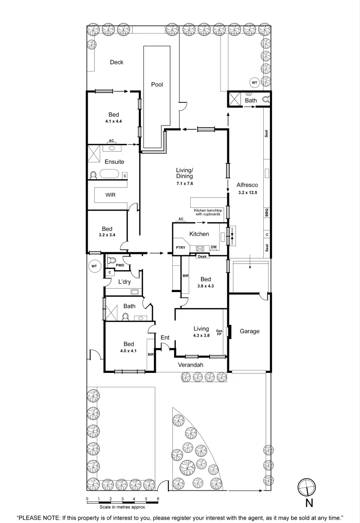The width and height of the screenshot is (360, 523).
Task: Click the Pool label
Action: tap(157, 84)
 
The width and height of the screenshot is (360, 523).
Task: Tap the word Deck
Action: tap(117, 62)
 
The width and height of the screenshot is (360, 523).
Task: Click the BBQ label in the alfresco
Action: tap(267, 212)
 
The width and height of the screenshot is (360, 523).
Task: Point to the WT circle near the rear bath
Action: tap(254, 82)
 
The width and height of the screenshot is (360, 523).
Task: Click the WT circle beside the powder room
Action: tap(94, 266)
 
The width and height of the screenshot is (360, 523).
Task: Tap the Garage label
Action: tap(250, 331)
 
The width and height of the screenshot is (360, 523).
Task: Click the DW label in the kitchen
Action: tap(213, 247)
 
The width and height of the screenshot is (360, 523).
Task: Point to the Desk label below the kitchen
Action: tap(202, 256)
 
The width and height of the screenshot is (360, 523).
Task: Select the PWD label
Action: tap(120, 265)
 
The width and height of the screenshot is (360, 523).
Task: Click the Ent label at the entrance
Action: tap(165, 337)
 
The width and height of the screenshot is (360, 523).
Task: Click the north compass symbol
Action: tap(306, 486)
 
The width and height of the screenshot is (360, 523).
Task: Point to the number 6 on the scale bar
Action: tap(158, 498)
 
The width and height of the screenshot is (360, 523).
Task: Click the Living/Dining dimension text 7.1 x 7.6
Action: tap(184, 184)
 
